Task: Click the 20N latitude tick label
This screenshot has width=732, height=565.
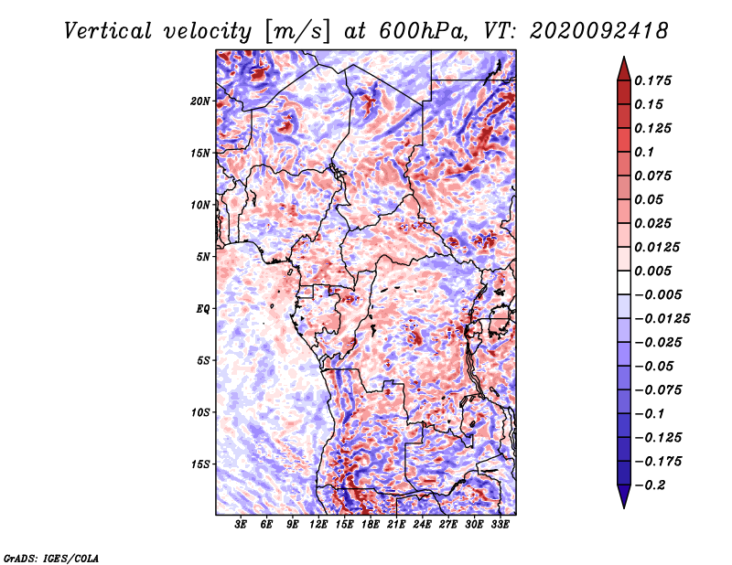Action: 201,101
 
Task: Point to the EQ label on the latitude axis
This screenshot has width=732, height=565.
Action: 203,309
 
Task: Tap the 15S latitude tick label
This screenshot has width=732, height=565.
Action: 201,464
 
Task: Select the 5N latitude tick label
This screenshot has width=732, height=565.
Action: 203,257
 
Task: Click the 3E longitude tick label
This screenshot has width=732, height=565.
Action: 241,525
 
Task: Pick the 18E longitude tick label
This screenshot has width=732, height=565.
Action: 371,525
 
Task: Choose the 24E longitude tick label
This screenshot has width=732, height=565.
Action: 423,525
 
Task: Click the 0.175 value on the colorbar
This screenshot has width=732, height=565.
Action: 654,80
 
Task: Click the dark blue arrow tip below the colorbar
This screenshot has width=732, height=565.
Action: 622,501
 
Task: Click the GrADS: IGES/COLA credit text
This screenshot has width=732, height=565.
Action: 51,557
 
